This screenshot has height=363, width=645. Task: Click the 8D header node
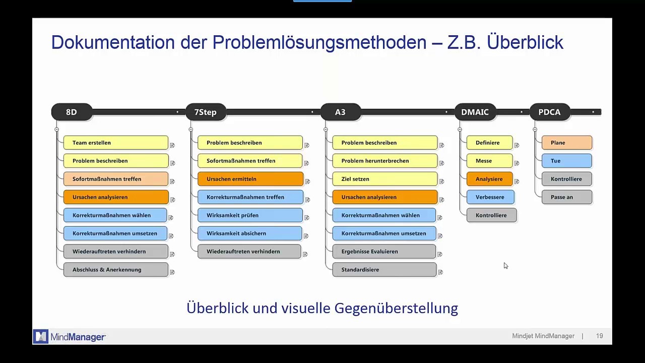(x=72, y=112)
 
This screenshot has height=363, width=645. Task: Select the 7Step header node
(x=206, y=112)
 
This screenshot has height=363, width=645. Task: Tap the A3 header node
(x=340, y=112)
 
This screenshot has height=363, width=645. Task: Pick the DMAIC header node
(x=475, y=112)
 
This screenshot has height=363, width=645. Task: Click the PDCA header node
(x=549, y=112)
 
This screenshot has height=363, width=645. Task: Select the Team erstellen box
(x=115, y=143)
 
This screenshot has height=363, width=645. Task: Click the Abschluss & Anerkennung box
(x=115, y=270)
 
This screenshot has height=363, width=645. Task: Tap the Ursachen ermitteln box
(x=250, y=179)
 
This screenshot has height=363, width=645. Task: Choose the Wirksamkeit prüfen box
(x=250, y=215)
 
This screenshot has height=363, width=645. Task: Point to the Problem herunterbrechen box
(x=384, y=161)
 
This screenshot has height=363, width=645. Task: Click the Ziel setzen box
(x=384, y=179)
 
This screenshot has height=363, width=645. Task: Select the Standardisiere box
(x=384, y=270)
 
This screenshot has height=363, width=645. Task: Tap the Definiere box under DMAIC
(x=489, y=143)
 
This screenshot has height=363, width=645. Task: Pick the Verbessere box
(x=490, y=197)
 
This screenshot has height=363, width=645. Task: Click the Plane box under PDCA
(x=566, y=143)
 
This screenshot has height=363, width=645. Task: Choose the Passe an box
(x=566, y=197)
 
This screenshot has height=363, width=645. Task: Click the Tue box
(x=566, y=161)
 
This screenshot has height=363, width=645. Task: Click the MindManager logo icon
(x=41, y=336)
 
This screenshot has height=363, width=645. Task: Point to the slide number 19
(x=599, y=336)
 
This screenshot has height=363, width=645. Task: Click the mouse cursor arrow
(x=505, y=265)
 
